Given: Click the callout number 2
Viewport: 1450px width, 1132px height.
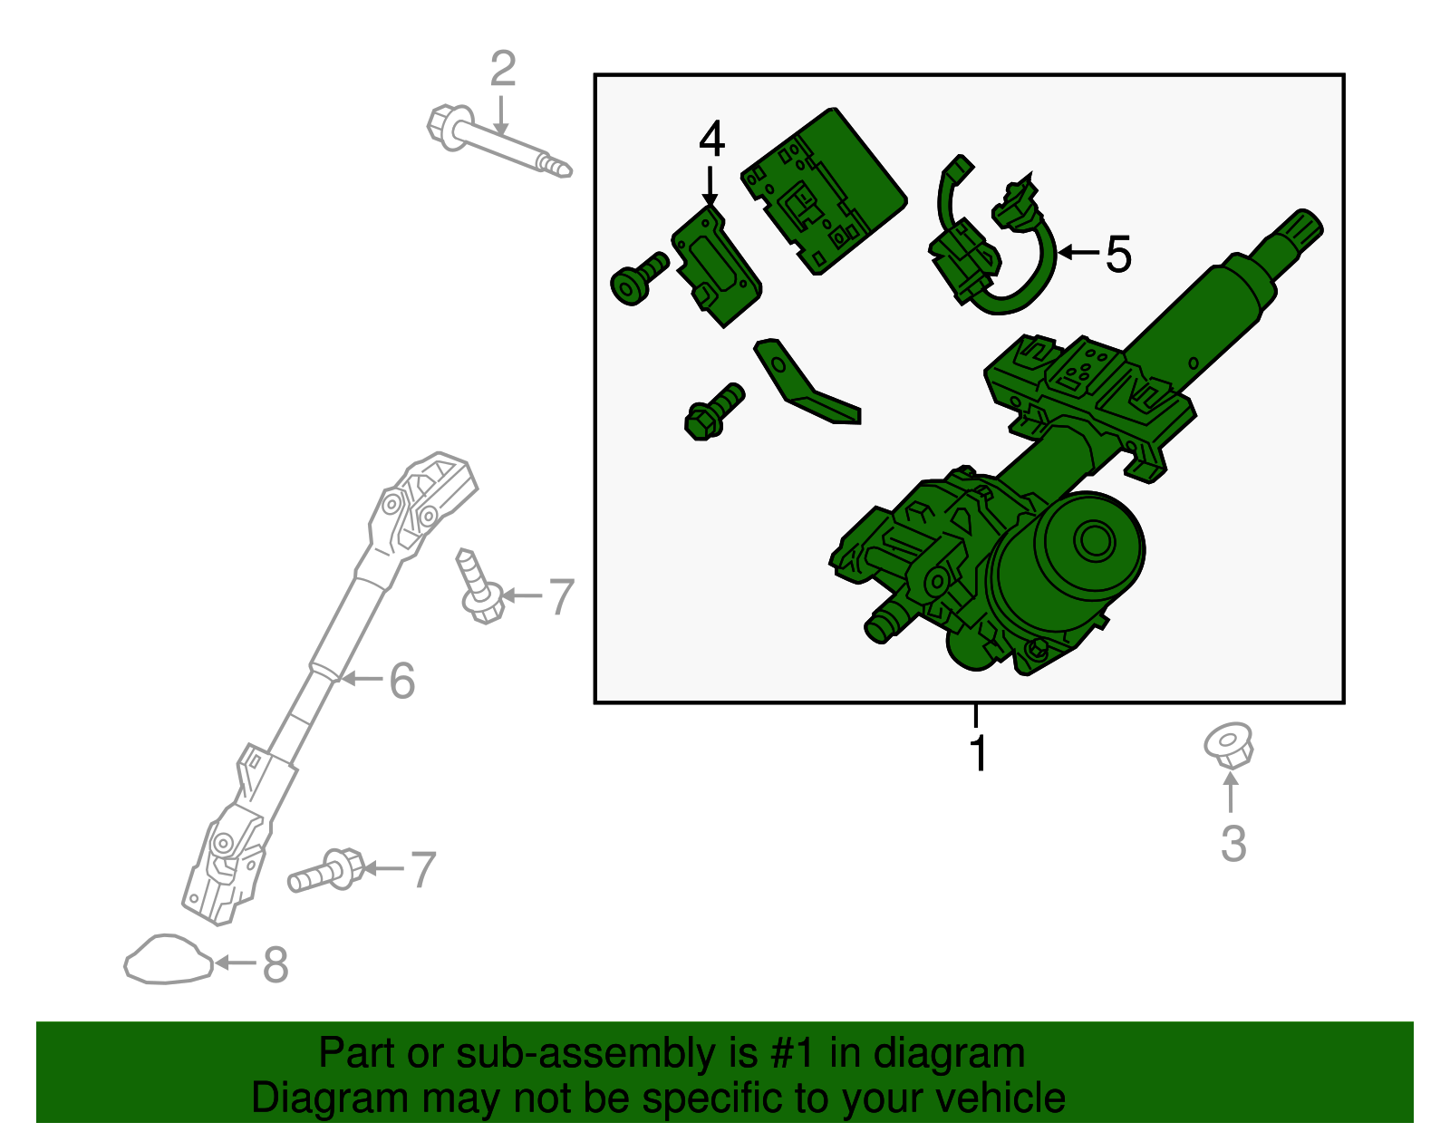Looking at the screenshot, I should (x=503, y=70).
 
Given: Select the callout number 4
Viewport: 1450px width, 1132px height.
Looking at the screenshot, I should (x=711, y=140).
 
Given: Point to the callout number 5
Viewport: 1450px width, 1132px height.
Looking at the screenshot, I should (x=1118, y=255).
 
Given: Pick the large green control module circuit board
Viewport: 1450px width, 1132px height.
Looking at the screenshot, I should (x=823, y=190).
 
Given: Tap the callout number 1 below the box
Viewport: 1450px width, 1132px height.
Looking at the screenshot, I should (x=978, y=753).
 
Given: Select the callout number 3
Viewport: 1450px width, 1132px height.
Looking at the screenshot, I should (x=1232, y=844).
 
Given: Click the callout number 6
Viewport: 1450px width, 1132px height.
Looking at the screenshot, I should (x=401, y=681).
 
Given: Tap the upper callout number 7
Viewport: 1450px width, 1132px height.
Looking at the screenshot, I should (x=562, y=597).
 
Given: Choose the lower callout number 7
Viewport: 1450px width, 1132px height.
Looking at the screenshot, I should (x=423, y=870).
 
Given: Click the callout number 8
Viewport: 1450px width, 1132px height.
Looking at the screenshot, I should (x=275, y=965).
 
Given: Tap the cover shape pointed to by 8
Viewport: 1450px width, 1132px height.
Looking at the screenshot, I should (x=168, y=960).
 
